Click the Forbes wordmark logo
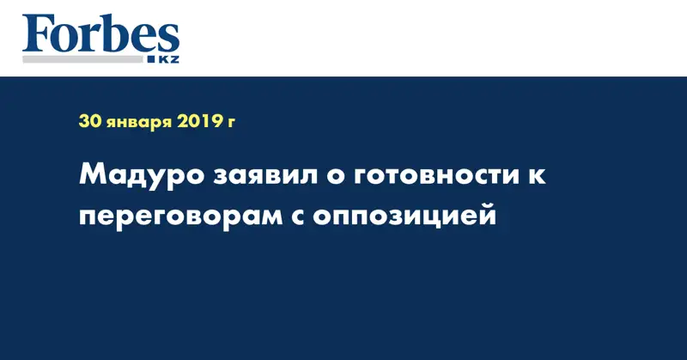(x=101, y=35)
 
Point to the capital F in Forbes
(x=38, y=34)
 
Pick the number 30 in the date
(x=90, y=122)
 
